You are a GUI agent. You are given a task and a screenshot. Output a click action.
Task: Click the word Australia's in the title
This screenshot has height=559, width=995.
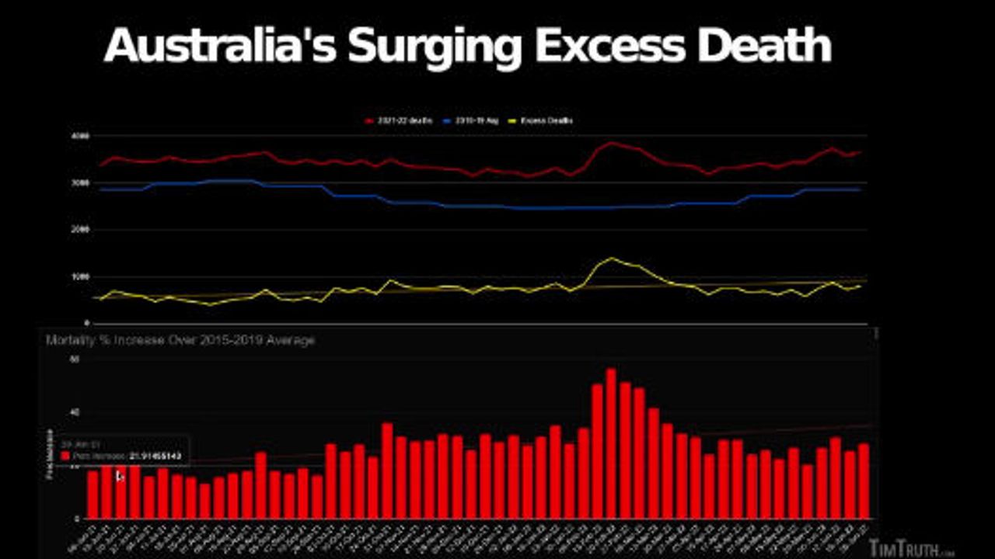tap(220, 47)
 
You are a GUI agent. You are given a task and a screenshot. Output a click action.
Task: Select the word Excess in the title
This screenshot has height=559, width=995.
tap(609, 47)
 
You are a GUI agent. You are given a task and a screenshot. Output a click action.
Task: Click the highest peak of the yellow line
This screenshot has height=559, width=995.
tap(612, 259)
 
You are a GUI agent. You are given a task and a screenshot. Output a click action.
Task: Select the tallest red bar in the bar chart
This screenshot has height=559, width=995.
tap(611, 443)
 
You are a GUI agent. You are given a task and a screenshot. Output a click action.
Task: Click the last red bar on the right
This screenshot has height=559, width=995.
tap(863, 481)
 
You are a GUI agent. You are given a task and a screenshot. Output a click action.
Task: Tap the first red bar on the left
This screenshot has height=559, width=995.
tap(93, 494)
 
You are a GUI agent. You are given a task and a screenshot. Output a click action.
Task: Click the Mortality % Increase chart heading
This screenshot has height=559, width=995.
tap(180, 340)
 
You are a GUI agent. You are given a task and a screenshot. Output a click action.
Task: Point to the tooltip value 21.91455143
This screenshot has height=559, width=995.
tap(155, 456)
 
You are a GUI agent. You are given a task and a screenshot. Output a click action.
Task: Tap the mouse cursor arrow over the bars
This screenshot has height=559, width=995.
tap(119, 475)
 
